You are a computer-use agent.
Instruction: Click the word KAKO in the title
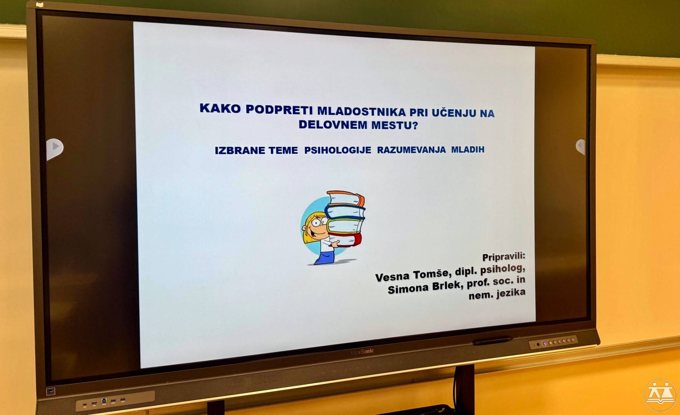click(220, 108)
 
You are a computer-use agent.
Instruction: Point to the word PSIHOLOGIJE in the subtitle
click(338, 150)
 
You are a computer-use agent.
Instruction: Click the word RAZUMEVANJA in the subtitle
click(411, 150)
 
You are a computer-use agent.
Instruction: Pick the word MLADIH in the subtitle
click(468, 149)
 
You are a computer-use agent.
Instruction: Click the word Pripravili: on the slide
click(503, 257)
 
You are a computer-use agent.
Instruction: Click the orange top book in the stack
click(345, 198)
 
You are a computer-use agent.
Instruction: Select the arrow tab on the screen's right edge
click(581, 146)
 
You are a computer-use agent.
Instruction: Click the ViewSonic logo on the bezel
click(361, 351)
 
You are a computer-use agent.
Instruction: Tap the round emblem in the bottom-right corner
click(660, 395)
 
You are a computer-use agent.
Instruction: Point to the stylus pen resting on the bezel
click(493, 340)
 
